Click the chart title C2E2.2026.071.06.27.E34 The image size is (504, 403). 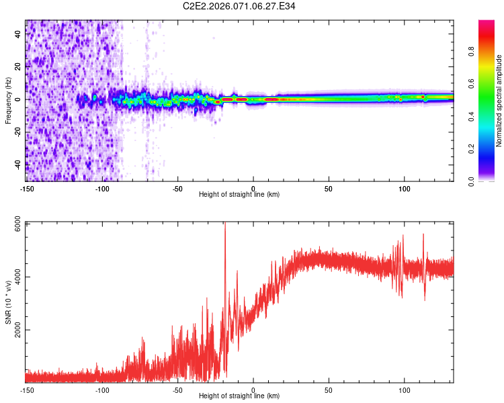pyautogui.click(x=239, y=6)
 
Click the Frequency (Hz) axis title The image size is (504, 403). pyautogui.click(x=8, y=101)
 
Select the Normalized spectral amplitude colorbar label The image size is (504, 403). pyautogui.click(x=499, y=101)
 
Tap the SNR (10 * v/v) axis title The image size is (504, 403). pyautogui.click(x=8, y=302)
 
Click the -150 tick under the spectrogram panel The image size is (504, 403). pyautogui.click(x=27, y=189)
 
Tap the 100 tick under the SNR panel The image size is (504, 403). pyautogui.click(x=405, y=390)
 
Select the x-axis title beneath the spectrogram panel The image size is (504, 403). pyautogui.click(x=239, y=195)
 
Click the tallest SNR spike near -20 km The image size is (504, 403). pyautogui.click(x=224, y=225)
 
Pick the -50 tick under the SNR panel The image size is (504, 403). pyautogui.click(x=177, y=390)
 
